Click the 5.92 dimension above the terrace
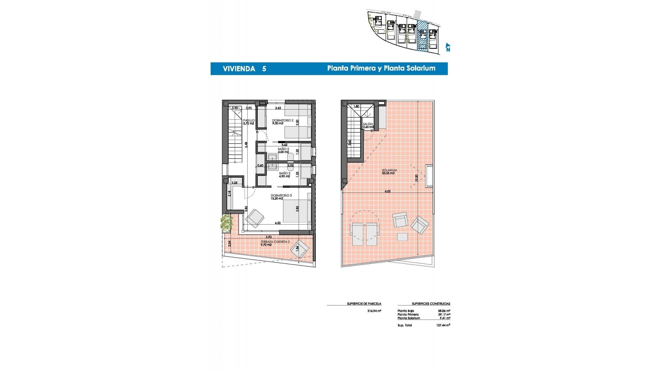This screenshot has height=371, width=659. tap(269, 237)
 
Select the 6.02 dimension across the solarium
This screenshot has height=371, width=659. tap(388, 191)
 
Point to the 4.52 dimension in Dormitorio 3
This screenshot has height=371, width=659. tap(278, 223)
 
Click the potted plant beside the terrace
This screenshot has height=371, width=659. tap(227, 223)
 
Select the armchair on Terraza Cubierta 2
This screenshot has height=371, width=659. tap(299, 249)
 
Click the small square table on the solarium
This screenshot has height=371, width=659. tap(402, 237)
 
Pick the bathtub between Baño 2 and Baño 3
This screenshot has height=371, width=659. tap(290, 161)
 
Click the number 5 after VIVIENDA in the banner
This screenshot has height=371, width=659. tap(264, 69)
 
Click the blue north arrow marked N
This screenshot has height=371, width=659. tap(448, 47)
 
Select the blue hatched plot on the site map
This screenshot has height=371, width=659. tap(423, 36)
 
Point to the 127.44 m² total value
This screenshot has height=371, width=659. tap(443, 325)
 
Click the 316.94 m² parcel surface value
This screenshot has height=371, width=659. tap(374, 311)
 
